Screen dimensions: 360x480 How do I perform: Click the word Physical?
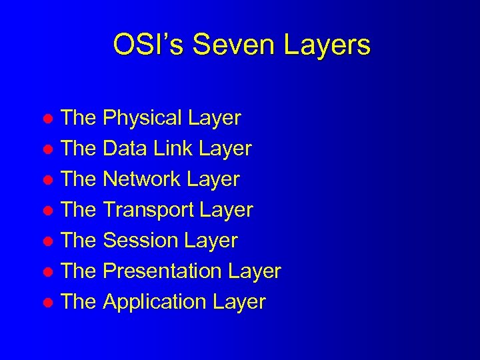143,119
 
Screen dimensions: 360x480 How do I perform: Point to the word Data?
125,149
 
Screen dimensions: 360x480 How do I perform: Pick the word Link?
169,149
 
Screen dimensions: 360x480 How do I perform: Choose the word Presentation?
163,271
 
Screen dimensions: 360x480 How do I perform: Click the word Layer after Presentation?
254,271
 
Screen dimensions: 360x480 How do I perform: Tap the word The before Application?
78,302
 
